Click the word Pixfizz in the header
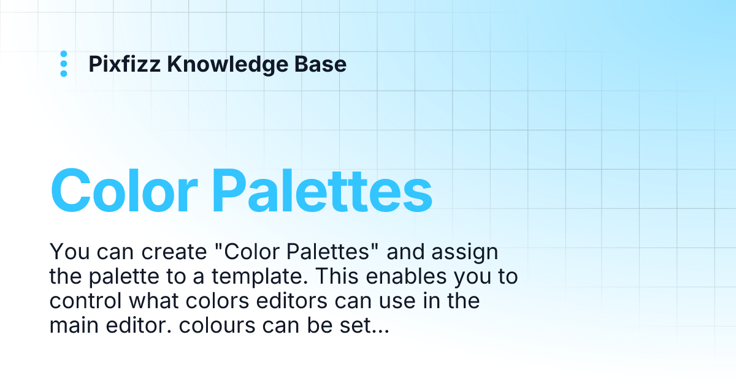pos(125,64)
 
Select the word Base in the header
pos(325,64)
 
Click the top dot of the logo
pos(64,54)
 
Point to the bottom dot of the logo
pos(64,74)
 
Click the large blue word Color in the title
pos(125,190)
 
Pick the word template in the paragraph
pos(255,277)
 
